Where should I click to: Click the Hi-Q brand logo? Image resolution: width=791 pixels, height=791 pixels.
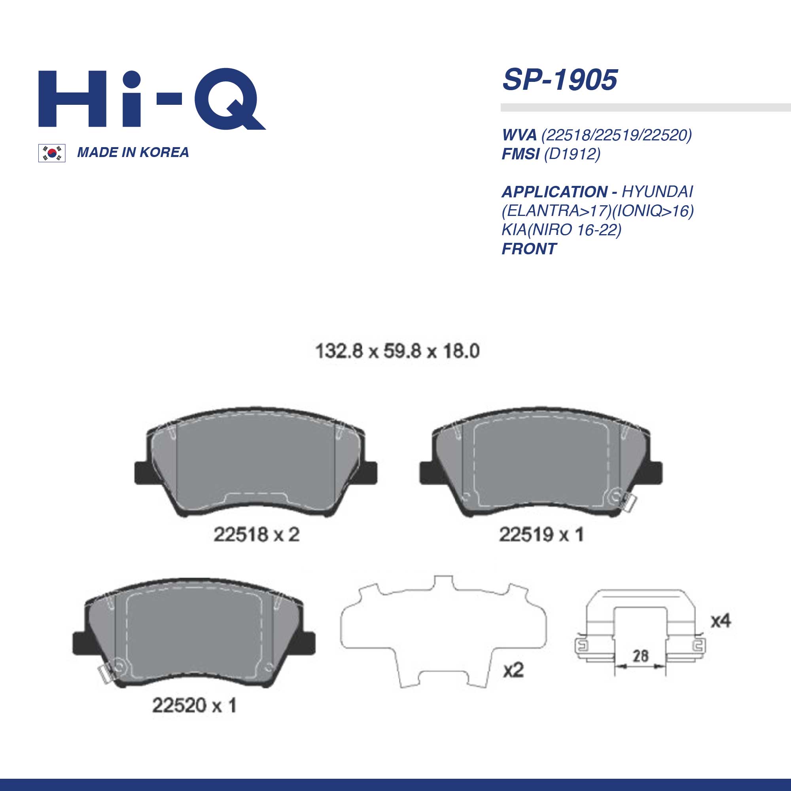coord(152,100)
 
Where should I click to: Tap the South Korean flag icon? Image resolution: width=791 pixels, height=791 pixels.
coord(51,153)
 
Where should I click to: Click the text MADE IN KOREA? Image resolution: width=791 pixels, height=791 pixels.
coord(133,152)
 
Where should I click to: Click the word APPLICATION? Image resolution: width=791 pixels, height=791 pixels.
coord(555,191)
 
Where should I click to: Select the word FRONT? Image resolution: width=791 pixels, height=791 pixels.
coord(529,248)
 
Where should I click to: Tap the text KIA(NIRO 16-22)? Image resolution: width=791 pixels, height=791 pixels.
coord(562,230)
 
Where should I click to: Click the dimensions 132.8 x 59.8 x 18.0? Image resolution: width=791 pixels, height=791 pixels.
coord(397,351)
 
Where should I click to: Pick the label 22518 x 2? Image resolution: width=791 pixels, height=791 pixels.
coord(257,535)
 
